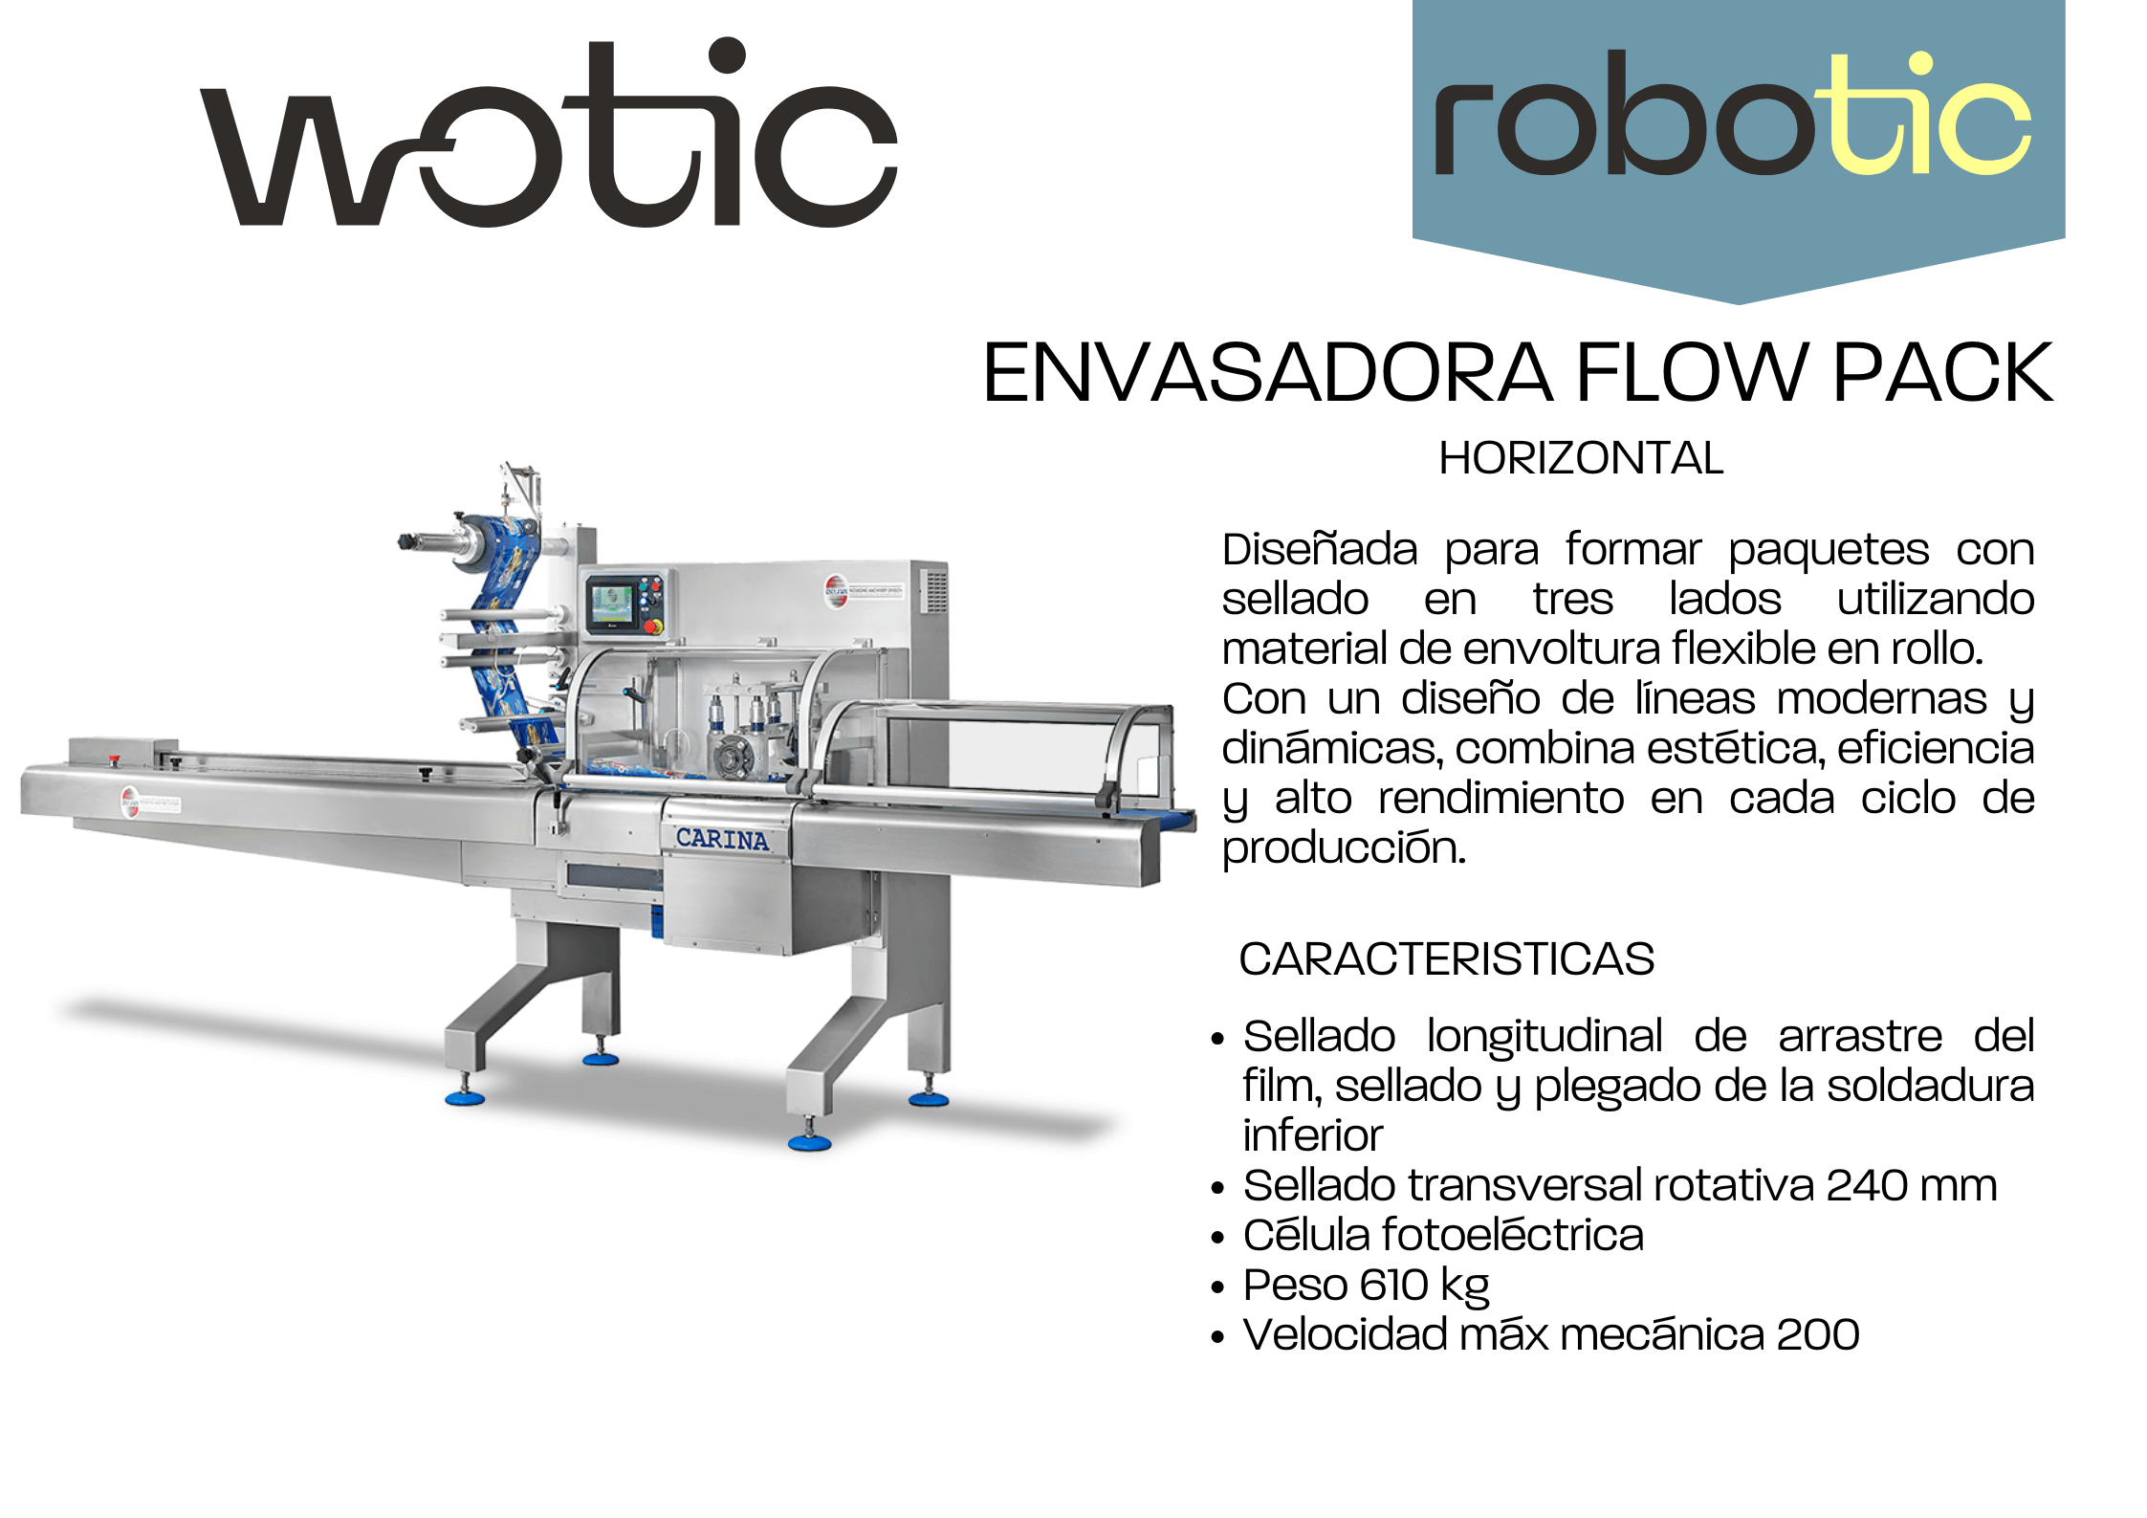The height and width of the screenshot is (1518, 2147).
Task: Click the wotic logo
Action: [548, 134]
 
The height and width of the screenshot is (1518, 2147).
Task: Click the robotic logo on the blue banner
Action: [1732, 115]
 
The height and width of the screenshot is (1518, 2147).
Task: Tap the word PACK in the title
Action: [1942, 372]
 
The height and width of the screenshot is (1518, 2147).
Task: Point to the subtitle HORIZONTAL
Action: [1581, 458]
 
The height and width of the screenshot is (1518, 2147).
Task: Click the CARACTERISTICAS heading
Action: [1446, 958]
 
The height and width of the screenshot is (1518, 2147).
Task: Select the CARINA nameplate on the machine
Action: [722, 839]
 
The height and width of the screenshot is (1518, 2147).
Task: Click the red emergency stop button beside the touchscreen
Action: [654, 627]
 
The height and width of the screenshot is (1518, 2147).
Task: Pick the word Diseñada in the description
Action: [1320, 550]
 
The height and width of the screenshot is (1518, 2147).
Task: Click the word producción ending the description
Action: [1344, 848]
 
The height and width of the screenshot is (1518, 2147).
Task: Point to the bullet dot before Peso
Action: [1217, 1287]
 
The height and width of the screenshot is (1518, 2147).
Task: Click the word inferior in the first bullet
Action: [1313, 1135]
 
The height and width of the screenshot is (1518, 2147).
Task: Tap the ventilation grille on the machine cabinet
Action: [935, 590]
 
